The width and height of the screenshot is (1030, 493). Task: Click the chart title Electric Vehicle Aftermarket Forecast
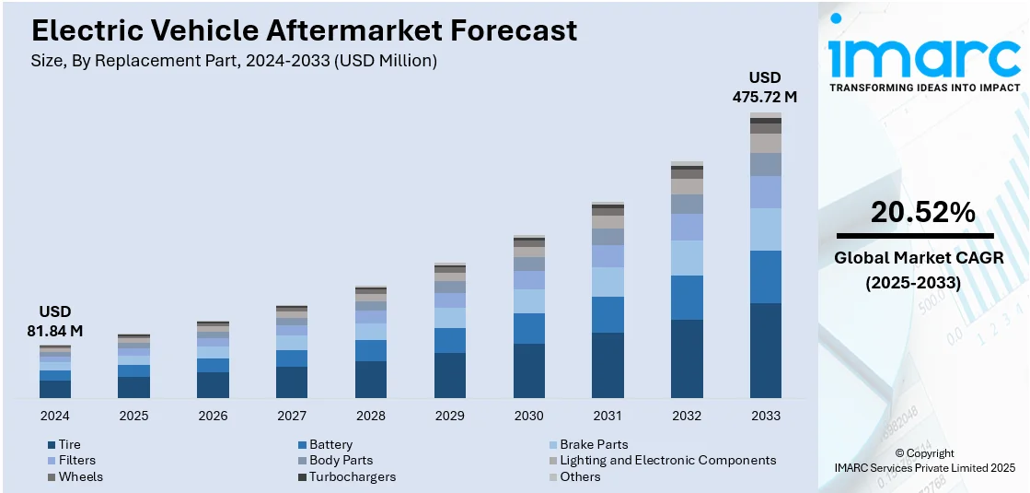pyautogui.click(x=305, y=30)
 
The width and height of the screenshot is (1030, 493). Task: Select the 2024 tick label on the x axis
pyautogui.click(x=54, y=416)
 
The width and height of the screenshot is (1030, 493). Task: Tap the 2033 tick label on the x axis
pyautogui.click(x=765, y=416)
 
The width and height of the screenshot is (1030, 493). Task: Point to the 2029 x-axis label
pyautogui.click(x=449, y=416)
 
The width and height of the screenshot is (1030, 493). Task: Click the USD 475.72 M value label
pyautogui.click(x=765, y=86)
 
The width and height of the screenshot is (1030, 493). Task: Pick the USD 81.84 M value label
pyautogui.click(x=54, y=321)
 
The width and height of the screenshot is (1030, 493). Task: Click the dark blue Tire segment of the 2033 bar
pyautogui.click(x=765, y=350)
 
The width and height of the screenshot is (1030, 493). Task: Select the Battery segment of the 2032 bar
pyautogui.click(x=687, y=298)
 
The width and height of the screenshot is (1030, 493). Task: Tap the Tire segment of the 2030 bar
pyautogui.click(x=528, y=370)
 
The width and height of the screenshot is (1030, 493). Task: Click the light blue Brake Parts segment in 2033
pyautogui.click(x=765, y=229)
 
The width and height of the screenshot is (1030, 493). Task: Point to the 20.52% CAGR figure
pyautogui.click(x=922, y=212)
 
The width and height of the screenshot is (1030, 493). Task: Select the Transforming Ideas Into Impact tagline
pyautogui.click(x=924, y=88)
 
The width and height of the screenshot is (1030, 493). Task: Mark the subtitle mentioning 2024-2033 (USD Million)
pyautogui.click(x=235, y=61)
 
